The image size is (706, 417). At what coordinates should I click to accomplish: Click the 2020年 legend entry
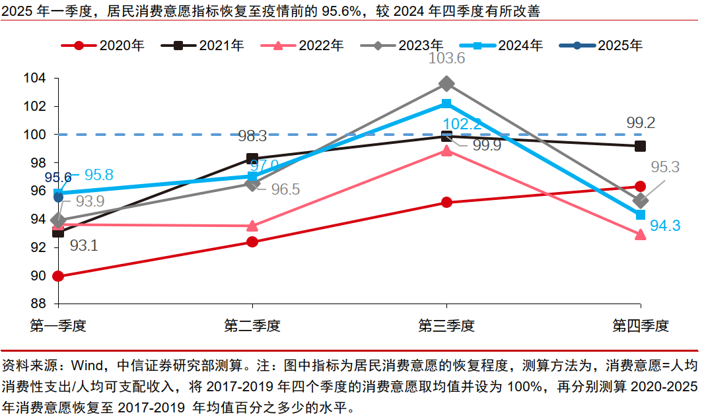pos(102,46)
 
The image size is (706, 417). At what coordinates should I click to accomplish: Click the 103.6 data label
pos(446,59)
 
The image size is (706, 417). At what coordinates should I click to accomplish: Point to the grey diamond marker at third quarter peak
pos(446,84)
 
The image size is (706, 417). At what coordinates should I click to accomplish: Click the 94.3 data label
pos(665,226)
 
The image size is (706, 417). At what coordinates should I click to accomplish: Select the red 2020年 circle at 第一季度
pos(58,276)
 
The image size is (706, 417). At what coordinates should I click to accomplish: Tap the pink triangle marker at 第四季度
pos(640,234)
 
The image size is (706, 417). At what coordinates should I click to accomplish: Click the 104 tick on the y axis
pos(34,79)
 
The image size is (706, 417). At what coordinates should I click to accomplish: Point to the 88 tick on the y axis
pos(37,304)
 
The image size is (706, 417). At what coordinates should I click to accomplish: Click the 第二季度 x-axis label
pos(252,325)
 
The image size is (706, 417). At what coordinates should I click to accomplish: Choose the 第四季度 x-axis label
pos(640,325)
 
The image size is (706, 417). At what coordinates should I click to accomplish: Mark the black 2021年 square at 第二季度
pos(252,159)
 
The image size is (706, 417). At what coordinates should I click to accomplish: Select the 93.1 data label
pos(84,245)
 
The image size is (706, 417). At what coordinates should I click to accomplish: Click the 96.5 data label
pos(286,189)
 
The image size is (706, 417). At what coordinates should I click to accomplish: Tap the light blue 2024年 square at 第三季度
pos(446,104)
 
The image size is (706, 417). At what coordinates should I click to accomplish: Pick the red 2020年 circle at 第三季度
pos(446,203)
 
